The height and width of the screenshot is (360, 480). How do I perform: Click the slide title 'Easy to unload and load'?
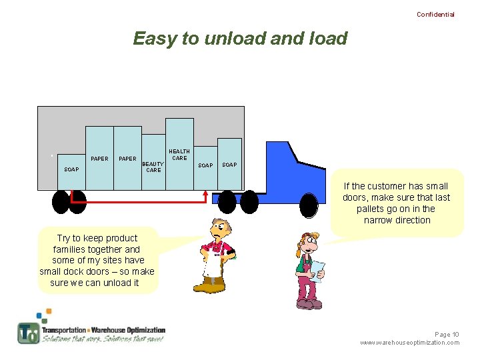[240, 39]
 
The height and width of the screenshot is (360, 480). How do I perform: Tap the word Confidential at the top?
[435, 15]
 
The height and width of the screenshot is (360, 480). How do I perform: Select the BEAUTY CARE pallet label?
[153, 167]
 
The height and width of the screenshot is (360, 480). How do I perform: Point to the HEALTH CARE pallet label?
[179, 155]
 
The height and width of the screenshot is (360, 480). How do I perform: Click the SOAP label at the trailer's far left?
[71, 169]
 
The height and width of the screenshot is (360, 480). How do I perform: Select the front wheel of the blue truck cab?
[308, 205]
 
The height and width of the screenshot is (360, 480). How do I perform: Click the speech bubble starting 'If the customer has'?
[397, 203]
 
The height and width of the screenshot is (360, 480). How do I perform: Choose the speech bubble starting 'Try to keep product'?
[97, 260]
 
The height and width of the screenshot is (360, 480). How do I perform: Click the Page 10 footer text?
[447, 334]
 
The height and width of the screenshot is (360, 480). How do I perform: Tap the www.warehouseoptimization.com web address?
[409, 343]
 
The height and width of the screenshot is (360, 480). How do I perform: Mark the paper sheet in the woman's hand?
[318, 269]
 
